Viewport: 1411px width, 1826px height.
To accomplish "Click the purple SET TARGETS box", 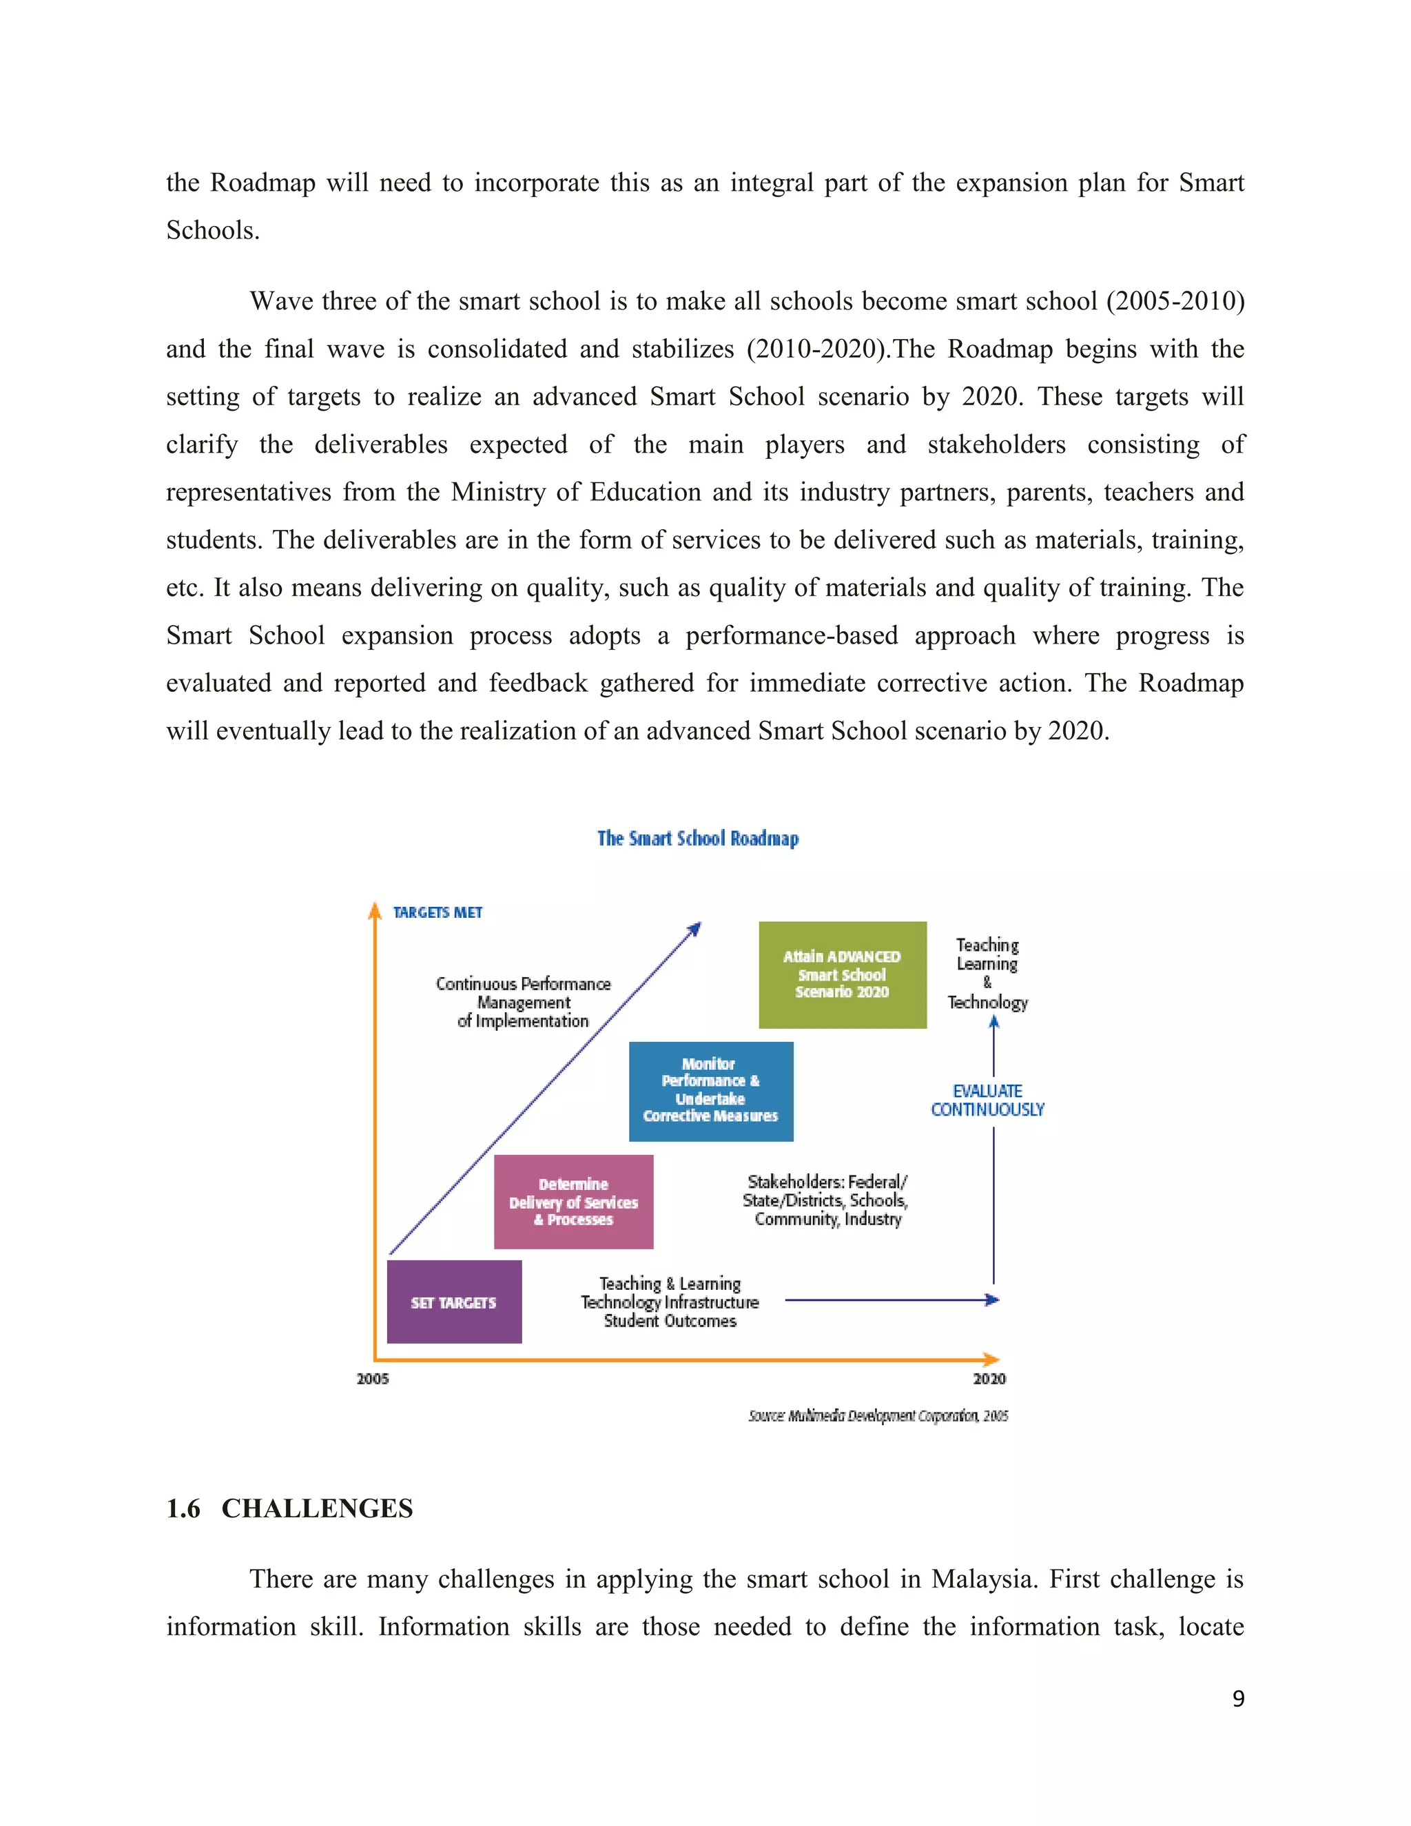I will click(x=454, y=1302).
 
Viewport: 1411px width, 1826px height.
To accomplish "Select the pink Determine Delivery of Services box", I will click(x=573, y=1202).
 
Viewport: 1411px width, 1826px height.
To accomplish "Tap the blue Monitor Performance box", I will click(x=710, y=1090).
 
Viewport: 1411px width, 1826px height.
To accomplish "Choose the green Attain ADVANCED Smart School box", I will click(x=842, y=974).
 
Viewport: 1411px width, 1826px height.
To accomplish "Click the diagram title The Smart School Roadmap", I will click(x=698, y=839).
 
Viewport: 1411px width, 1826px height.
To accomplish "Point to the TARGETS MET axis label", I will click(x=437, y=912).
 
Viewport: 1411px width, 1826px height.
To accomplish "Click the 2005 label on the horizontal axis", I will click(x=373, y=1379).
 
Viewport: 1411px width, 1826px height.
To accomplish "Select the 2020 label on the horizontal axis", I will click(x=989, y=1379).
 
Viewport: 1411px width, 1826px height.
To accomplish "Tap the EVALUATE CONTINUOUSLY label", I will click(x=987, y=1100).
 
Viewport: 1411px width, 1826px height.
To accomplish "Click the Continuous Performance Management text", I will click(x=524, y=1002).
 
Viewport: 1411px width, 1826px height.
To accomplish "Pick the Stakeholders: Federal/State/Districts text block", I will click(x=826, y=1200).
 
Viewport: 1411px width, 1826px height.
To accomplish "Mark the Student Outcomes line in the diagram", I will click(x=670, y=1321).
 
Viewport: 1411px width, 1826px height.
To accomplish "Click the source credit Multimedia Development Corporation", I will click(x=878, y=1415).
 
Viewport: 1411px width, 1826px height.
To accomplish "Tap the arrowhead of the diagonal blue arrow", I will click(x=695, y=927).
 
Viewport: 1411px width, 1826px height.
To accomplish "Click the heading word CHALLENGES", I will click(x=317, y=1508).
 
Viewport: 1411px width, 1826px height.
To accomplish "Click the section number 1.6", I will click(x=183, y=1508).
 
